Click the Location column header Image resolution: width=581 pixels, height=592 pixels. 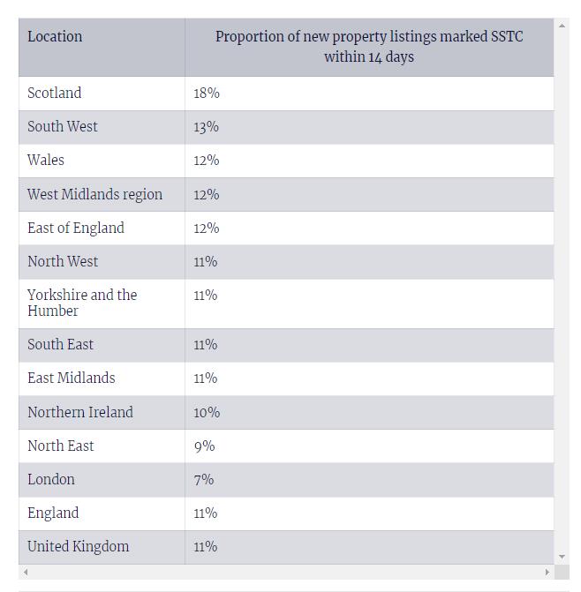pyautogui.click(x=55, y=37)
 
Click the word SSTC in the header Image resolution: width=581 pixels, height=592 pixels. pyautogui.click(x=507, y=37)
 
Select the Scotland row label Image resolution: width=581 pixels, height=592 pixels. pyautogui.click(x=54, y=94)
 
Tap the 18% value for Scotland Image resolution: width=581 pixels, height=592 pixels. pyautogui.click(x=207, y=94)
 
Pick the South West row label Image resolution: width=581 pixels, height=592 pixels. pyautogui.click(x=63, y=127)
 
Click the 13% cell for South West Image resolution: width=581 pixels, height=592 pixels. pyautogui.click(x=207, y=127)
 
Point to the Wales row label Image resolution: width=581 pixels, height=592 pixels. pyautogui.click(x=46, y=161)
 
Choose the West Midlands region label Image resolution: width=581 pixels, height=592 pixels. pyautogui.click(x=94, y=194)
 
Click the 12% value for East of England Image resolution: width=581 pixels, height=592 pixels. pyautogui.click(x=207, y=228)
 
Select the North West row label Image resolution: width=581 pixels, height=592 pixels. pyautogui.click(x=63, y=261)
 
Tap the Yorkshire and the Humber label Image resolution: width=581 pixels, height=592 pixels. pyautogui.click(x=82, y=303)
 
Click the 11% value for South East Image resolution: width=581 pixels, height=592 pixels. pyautogui.click(x=206, y=345)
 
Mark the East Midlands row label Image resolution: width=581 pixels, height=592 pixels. pyautogui.click(x=71, y=378)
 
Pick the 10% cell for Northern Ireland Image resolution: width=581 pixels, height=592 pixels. pyautogui.click(x=207, y=412)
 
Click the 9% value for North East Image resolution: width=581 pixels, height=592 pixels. pyautogui.click(x=204, y=446)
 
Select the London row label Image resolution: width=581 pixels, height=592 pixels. pyautogui.click(x=51, y=480)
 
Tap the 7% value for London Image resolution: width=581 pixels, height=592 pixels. pyautogui.click(x=204, y=480)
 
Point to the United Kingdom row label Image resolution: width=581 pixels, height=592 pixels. pyautogui.click(x=78, y=547)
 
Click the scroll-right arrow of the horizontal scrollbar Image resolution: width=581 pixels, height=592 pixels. pyautogui.click(x=547, y=572)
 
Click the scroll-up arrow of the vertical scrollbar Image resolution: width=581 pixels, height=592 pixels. pyautogui.click(x=562, y=25)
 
